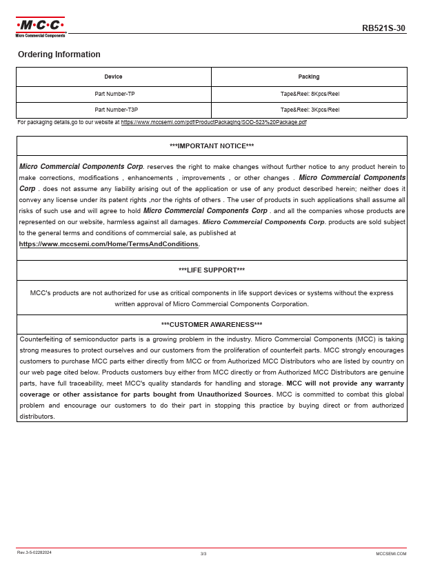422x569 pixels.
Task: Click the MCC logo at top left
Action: point(41,27)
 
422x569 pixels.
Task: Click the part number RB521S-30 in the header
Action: point(383,28)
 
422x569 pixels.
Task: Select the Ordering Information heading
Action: point(59,54)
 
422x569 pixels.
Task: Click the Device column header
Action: point(114,77)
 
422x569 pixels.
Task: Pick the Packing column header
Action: point(309,77)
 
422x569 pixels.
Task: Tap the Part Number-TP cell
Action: point(114,94)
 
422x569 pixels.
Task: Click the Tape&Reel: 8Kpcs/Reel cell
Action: point(310,94)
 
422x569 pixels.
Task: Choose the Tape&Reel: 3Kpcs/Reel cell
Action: point(310,110)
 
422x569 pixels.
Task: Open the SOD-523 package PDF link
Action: point(214,122)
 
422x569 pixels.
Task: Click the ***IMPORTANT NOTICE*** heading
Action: point(212,146)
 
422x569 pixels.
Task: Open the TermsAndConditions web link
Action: point(109,244)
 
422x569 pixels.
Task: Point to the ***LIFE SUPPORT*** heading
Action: point(212,270)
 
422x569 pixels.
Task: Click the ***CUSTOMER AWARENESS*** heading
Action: point(212,325)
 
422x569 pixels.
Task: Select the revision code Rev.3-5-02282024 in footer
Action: point(34,552)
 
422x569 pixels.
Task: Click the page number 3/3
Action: point(203,553)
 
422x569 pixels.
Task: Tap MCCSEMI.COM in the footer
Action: point(391,553)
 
